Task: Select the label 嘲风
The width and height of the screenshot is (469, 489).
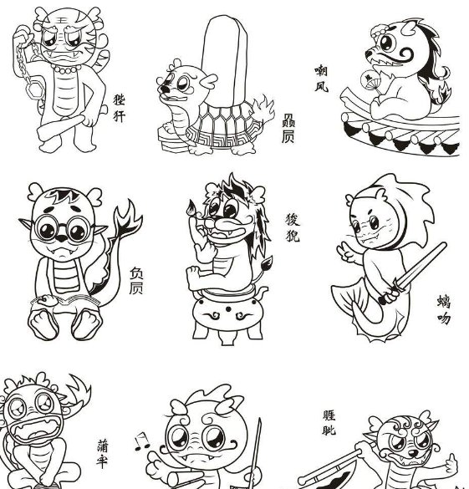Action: click(x=321, y=79)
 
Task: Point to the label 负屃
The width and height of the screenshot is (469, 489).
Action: click(x=137, y=281)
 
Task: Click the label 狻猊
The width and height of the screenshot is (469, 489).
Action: click(x=292, y=227)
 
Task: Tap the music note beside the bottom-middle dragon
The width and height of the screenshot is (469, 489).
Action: click(x=140, y=441)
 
